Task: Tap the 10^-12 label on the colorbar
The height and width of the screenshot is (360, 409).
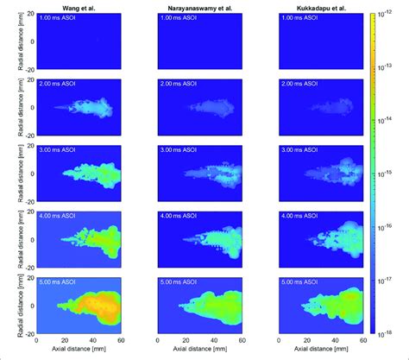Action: point(388,15)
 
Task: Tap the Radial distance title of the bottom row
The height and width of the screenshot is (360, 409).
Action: point(8,305)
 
